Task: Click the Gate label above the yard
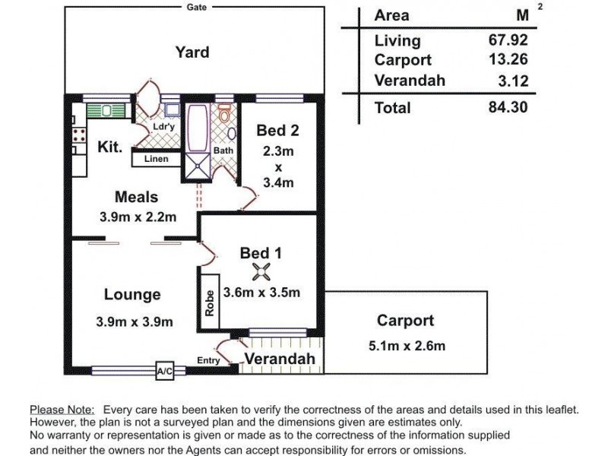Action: click(196, 7)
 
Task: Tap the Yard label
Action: click(192, 52)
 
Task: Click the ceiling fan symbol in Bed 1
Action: click(261, 271)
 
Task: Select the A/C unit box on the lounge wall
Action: click(164, 371)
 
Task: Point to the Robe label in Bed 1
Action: click(210, 302)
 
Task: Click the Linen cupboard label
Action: click(157, 159)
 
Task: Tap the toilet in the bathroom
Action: click(224, 112)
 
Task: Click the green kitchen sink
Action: click(106, 110)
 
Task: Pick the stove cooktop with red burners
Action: click(79, 135)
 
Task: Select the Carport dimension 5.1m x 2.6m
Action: click(407, 346)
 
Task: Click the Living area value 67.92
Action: click(508, 40)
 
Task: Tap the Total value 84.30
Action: click(508, 106)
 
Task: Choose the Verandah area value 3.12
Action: click(514, 81)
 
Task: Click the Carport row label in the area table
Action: click(403, 60)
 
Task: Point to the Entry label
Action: click(208, 360)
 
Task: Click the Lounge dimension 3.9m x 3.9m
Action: click(135, 321)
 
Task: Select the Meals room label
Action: click(137, 197)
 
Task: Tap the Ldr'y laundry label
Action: click(164, 126)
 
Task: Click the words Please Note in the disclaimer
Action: click(62, 410)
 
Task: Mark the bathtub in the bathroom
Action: click(197, 128)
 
